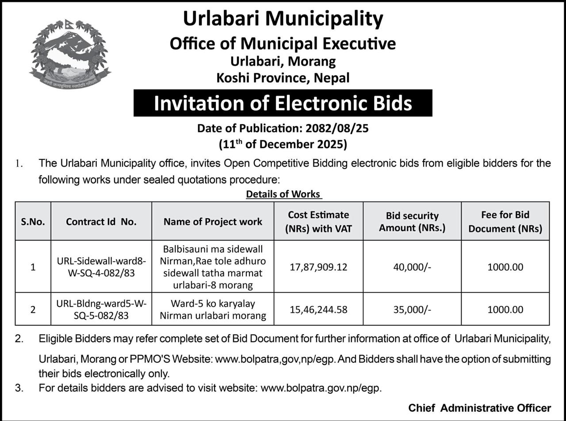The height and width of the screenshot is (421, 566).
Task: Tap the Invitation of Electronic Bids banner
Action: coord(283,103)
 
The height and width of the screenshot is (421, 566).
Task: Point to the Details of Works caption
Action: coord(283,194)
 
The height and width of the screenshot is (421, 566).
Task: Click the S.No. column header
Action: coord(33,222)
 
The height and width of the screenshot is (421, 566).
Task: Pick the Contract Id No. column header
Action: coord(101,222)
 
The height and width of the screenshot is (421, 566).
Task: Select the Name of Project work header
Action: coord(213,222)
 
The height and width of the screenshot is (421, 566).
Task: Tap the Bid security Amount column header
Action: coord(412,222)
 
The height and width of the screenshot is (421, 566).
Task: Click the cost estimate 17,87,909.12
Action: coord(318,267)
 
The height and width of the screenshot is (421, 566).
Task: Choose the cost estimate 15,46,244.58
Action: coord(318,309)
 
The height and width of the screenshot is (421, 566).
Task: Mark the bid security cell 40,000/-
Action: coord(412,267)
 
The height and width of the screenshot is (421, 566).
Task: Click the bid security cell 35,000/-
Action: coord(412,309)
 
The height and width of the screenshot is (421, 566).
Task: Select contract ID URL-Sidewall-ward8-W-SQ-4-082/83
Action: coord(101,267)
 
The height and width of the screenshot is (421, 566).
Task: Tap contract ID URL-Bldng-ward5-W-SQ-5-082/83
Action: coord(101,309)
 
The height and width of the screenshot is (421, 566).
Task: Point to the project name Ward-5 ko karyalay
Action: coord(213,304)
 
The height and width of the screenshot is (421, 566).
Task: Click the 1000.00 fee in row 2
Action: coord(505,309)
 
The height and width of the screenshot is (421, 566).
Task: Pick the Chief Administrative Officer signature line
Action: coord(479,408)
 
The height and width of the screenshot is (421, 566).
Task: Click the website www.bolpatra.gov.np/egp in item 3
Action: coord(321,388)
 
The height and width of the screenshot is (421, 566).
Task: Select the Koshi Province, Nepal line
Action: coord(283,78)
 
